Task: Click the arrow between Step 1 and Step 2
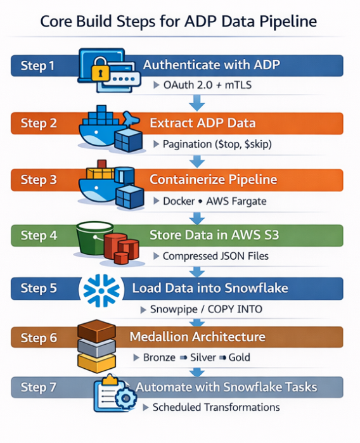click(x=198, y=100)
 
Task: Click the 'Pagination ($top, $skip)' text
click(x=217, y=144)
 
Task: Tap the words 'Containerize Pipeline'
click(x=213, y=179)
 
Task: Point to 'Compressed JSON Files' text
click(x=215, y=257)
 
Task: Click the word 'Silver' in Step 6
click(x=203, y=357)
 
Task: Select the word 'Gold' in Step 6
click(x=240, y=357)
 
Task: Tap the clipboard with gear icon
click(x=112, y=393)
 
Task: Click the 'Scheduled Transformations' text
click(x=215, y=407)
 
